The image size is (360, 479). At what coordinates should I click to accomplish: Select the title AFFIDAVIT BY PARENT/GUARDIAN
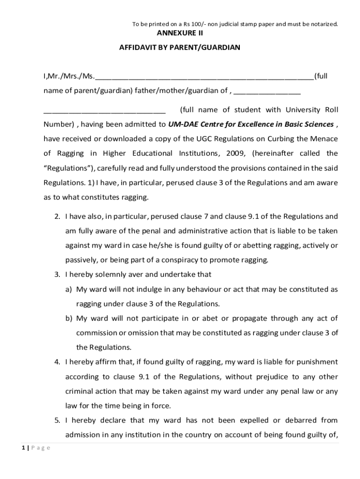coord(180,48)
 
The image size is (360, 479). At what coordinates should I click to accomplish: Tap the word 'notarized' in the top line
coord(323,23)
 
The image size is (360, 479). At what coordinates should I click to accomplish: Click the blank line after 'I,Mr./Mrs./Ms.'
coord(204,78)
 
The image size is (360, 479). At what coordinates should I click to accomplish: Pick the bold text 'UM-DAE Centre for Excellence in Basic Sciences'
coord(251,124)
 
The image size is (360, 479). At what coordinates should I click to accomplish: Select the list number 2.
coord(57,217)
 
